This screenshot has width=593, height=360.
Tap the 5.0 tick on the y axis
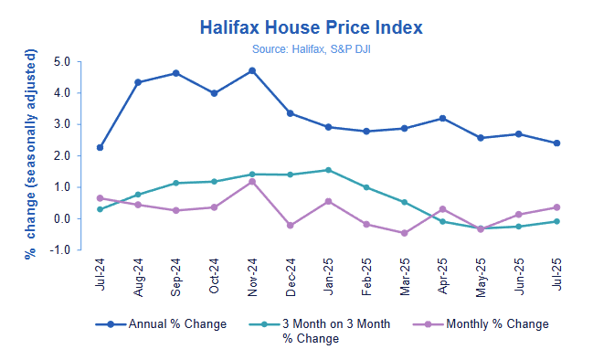(x=63, y=62)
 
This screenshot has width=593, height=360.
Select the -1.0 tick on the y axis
(x=61, y=249)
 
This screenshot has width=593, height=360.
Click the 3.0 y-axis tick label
(x=63, y=124)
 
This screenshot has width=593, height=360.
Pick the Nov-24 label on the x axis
(x=251, y=271)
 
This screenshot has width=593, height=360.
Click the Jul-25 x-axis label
(x=556, y=271)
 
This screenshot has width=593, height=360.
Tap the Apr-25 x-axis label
(x=442, y=271)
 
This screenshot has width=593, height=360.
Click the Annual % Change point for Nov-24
(x=251, y=70)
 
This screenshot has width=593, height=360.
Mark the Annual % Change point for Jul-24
(x=100, y=147)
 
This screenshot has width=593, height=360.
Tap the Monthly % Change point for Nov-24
(x=251, y=181)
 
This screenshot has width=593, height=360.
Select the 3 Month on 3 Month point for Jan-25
(x=328, y=170)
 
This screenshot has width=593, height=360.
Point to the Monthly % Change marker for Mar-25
(x=404, y=233)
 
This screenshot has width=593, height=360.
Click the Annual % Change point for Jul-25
(x=556, y=143)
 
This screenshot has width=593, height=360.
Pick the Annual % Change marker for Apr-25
(x=442, y=118)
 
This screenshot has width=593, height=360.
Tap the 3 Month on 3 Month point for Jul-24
(x=100, y=209)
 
